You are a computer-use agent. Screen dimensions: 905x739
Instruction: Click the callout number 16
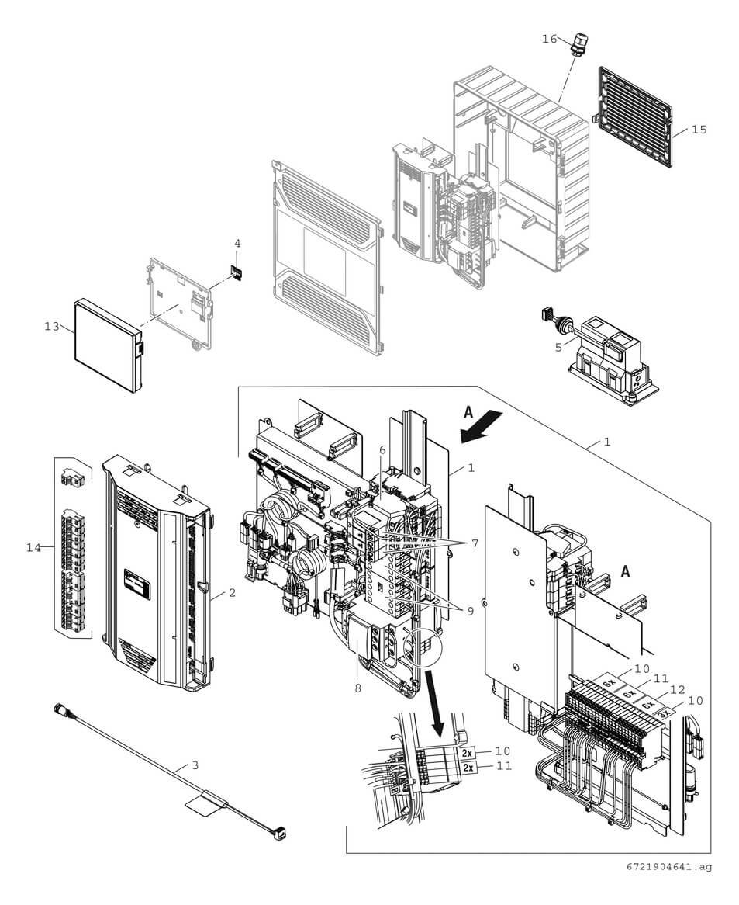pos(549,39)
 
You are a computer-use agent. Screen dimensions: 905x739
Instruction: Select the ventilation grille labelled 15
pos(634,117)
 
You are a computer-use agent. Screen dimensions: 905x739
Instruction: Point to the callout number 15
pos(699,130)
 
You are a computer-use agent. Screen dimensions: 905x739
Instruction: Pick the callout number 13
pos(51,327)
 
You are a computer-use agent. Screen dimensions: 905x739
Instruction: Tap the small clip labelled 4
pos(237,274)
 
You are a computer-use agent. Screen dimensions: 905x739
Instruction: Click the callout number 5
pos(558,348)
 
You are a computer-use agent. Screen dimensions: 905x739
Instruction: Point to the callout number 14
pos(33,548)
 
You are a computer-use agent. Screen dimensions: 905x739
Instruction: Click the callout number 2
pos(231,594)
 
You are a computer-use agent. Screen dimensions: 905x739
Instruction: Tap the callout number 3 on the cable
pos(195,765)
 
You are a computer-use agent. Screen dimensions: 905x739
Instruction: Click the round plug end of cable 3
pos(60,709)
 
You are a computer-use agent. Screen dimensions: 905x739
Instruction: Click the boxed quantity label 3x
pos(662,710)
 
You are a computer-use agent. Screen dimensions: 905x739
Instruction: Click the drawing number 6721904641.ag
pos(670,866)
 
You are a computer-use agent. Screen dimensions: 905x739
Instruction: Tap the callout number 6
pos(382,450)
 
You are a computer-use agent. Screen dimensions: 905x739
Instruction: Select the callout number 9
pos(468,611)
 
